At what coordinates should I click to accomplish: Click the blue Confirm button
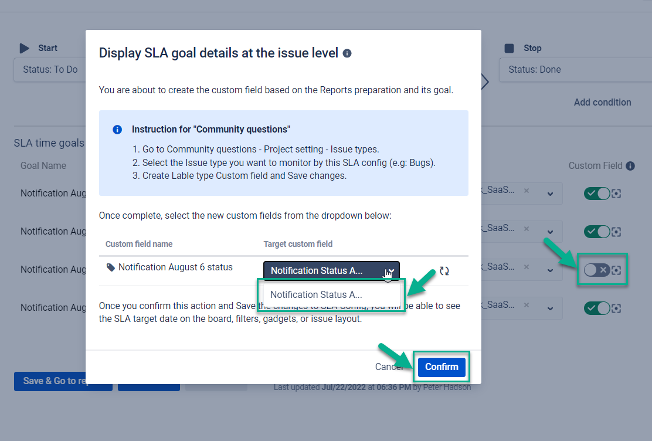tap(442, 367)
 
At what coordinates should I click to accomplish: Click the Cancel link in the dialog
tap(389, 367)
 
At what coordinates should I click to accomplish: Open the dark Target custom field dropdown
tap(331, 270)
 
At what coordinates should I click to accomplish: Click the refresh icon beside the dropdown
tap(444, 271)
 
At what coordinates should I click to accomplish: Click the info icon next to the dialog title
tap(347, 53)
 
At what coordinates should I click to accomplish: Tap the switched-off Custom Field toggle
tap(597, 270)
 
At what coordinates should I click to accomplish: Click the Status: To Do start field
tap(50, 69)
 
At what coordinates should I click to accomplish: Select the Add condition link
tap(602, 102)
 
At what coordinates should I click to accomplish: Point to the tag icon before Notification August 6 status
tap(111, 267)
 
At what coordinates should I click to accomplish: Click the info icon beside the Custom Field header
tap(630, 166)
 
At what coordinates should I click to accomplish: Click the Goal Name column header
tap(43, 166)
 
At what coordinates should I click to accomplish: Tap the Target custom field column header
tap(298, 244)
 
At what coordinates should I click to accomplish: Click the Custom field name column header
tap(139, 244)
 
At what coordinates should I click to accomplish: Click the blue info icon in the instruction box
tap(117, 130)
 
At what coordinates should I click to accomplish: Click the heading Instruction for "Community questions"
tap(211, 129)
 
